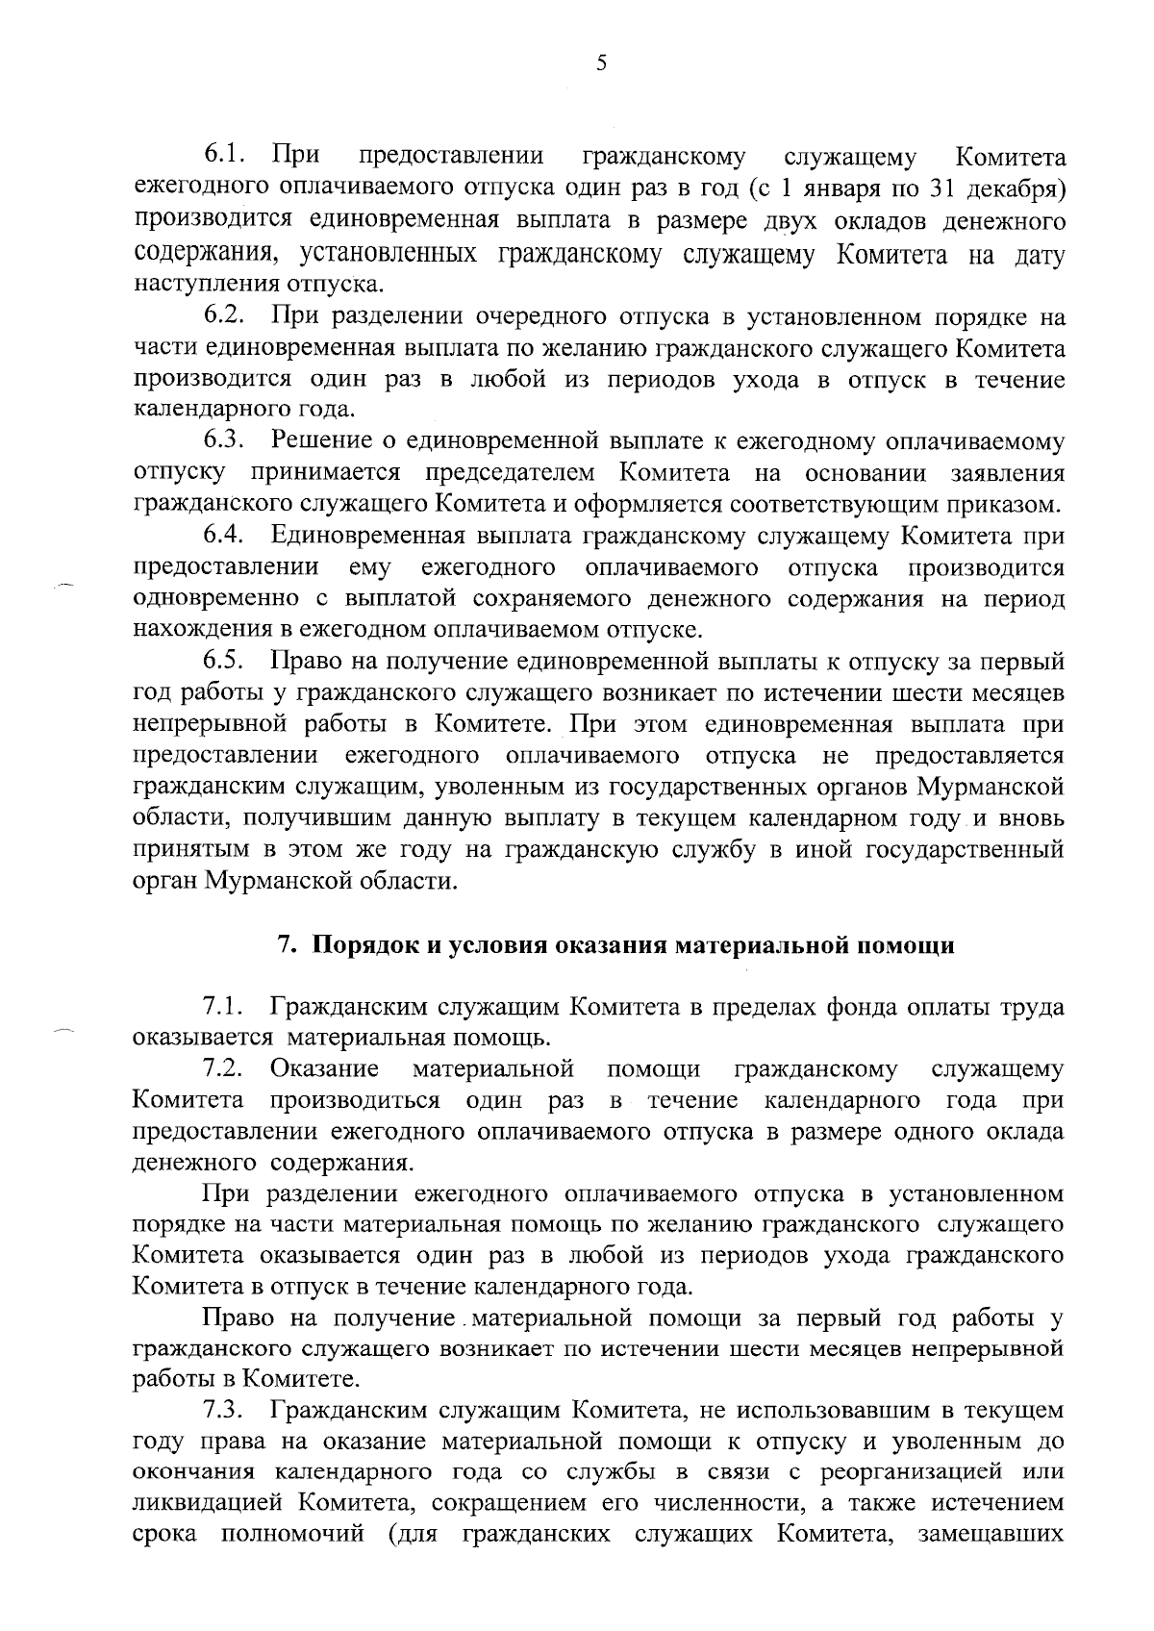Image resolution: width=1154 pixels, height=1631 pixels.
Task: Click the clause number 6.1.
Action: (x=226, y=155)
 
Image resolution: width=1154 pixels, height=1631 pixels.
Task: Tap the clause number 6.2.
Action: (x=226, y=315)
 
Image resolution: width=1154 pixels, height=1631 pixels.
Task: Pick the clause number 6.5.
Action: (x=226, y=662)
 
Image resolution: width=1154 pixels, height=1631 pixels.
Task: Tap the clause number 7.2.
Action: (x=226, y=1068)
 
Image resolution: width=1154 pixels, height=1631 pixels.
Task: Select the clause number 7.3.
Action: (x=226, y=1411)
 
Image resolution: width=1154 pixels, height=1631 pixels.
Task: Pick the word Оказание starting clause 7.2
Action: (x=324, y=1068)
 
